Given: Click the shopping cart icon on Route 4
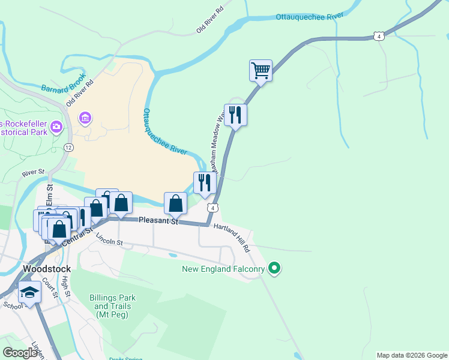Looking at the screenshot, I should (x=261, y=70).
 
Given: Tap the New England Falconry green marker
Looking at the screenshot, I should (x=275, y=268).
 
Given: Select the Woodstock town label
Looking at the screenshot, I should (x=46, y=269).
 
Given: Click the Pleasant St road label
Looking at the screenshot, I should (x=158, y=221).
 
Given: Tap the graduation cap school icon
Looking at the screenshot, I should (x=29, y=292).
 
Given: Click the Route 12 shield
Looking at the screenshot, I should (x=70, y=147).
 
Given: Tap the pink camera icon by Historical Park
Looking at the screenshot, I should (x=57, y=127).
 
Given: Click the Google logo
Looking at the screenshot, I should (x=20, y=353).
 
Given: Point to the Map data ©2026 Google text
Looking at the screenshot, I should (x=411, y=355).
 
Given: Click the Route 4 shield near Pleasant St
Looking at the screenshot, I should (x=212, y=208).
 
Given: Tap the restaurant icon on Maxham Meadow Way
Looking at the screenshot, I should (x=235, y=114).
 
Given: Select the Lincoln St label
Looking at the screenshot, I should (x=109, y=239).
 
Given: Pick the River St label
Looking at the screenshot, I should (x=34, y=173).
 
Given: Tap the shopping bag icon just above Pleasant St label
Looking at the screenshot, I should (x=175, y=203).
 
